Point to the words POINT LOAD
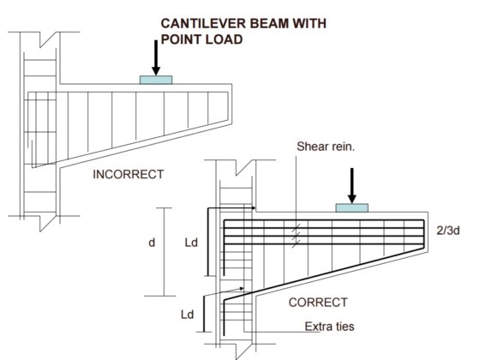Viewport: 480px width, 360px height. [200, 39]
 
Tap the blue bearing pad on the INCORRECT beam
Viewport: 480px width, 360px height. [156, 80]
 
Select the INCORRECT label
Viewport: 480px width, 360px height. [128, 175]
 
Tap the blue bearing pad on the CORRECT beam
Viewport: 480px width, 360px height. [351, 207]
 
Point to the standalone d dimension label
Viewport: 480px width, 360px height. [151, 243]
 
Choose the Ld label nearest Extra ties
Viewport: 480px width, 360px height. [186, 316]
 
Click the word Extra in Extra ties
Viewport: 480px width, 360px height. [317, 327]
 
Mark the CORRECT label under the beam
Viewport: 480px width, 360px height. [318, 303]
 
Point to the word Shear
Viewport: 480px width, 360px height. [312, 146]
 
